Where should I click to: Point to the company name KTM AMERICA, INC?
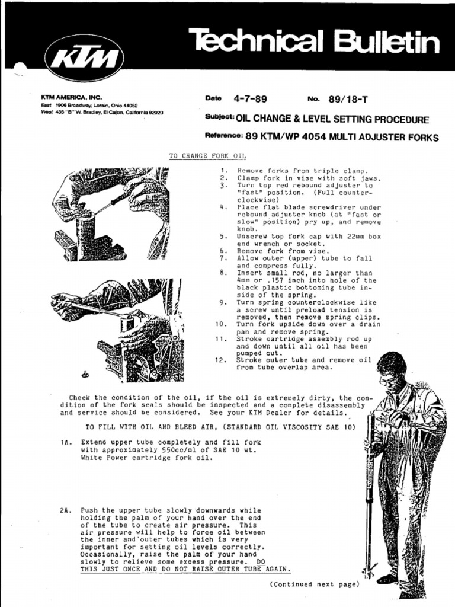coord(71,97)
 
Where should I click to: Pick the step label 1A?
coord(65,442)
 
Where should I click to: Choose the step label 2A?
coord(65,510)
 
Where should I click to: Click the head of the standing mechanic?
coord(391,368)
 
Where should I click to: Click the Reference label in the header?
coord(223,136)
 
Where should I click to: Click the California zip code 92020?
coord(153,112)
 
